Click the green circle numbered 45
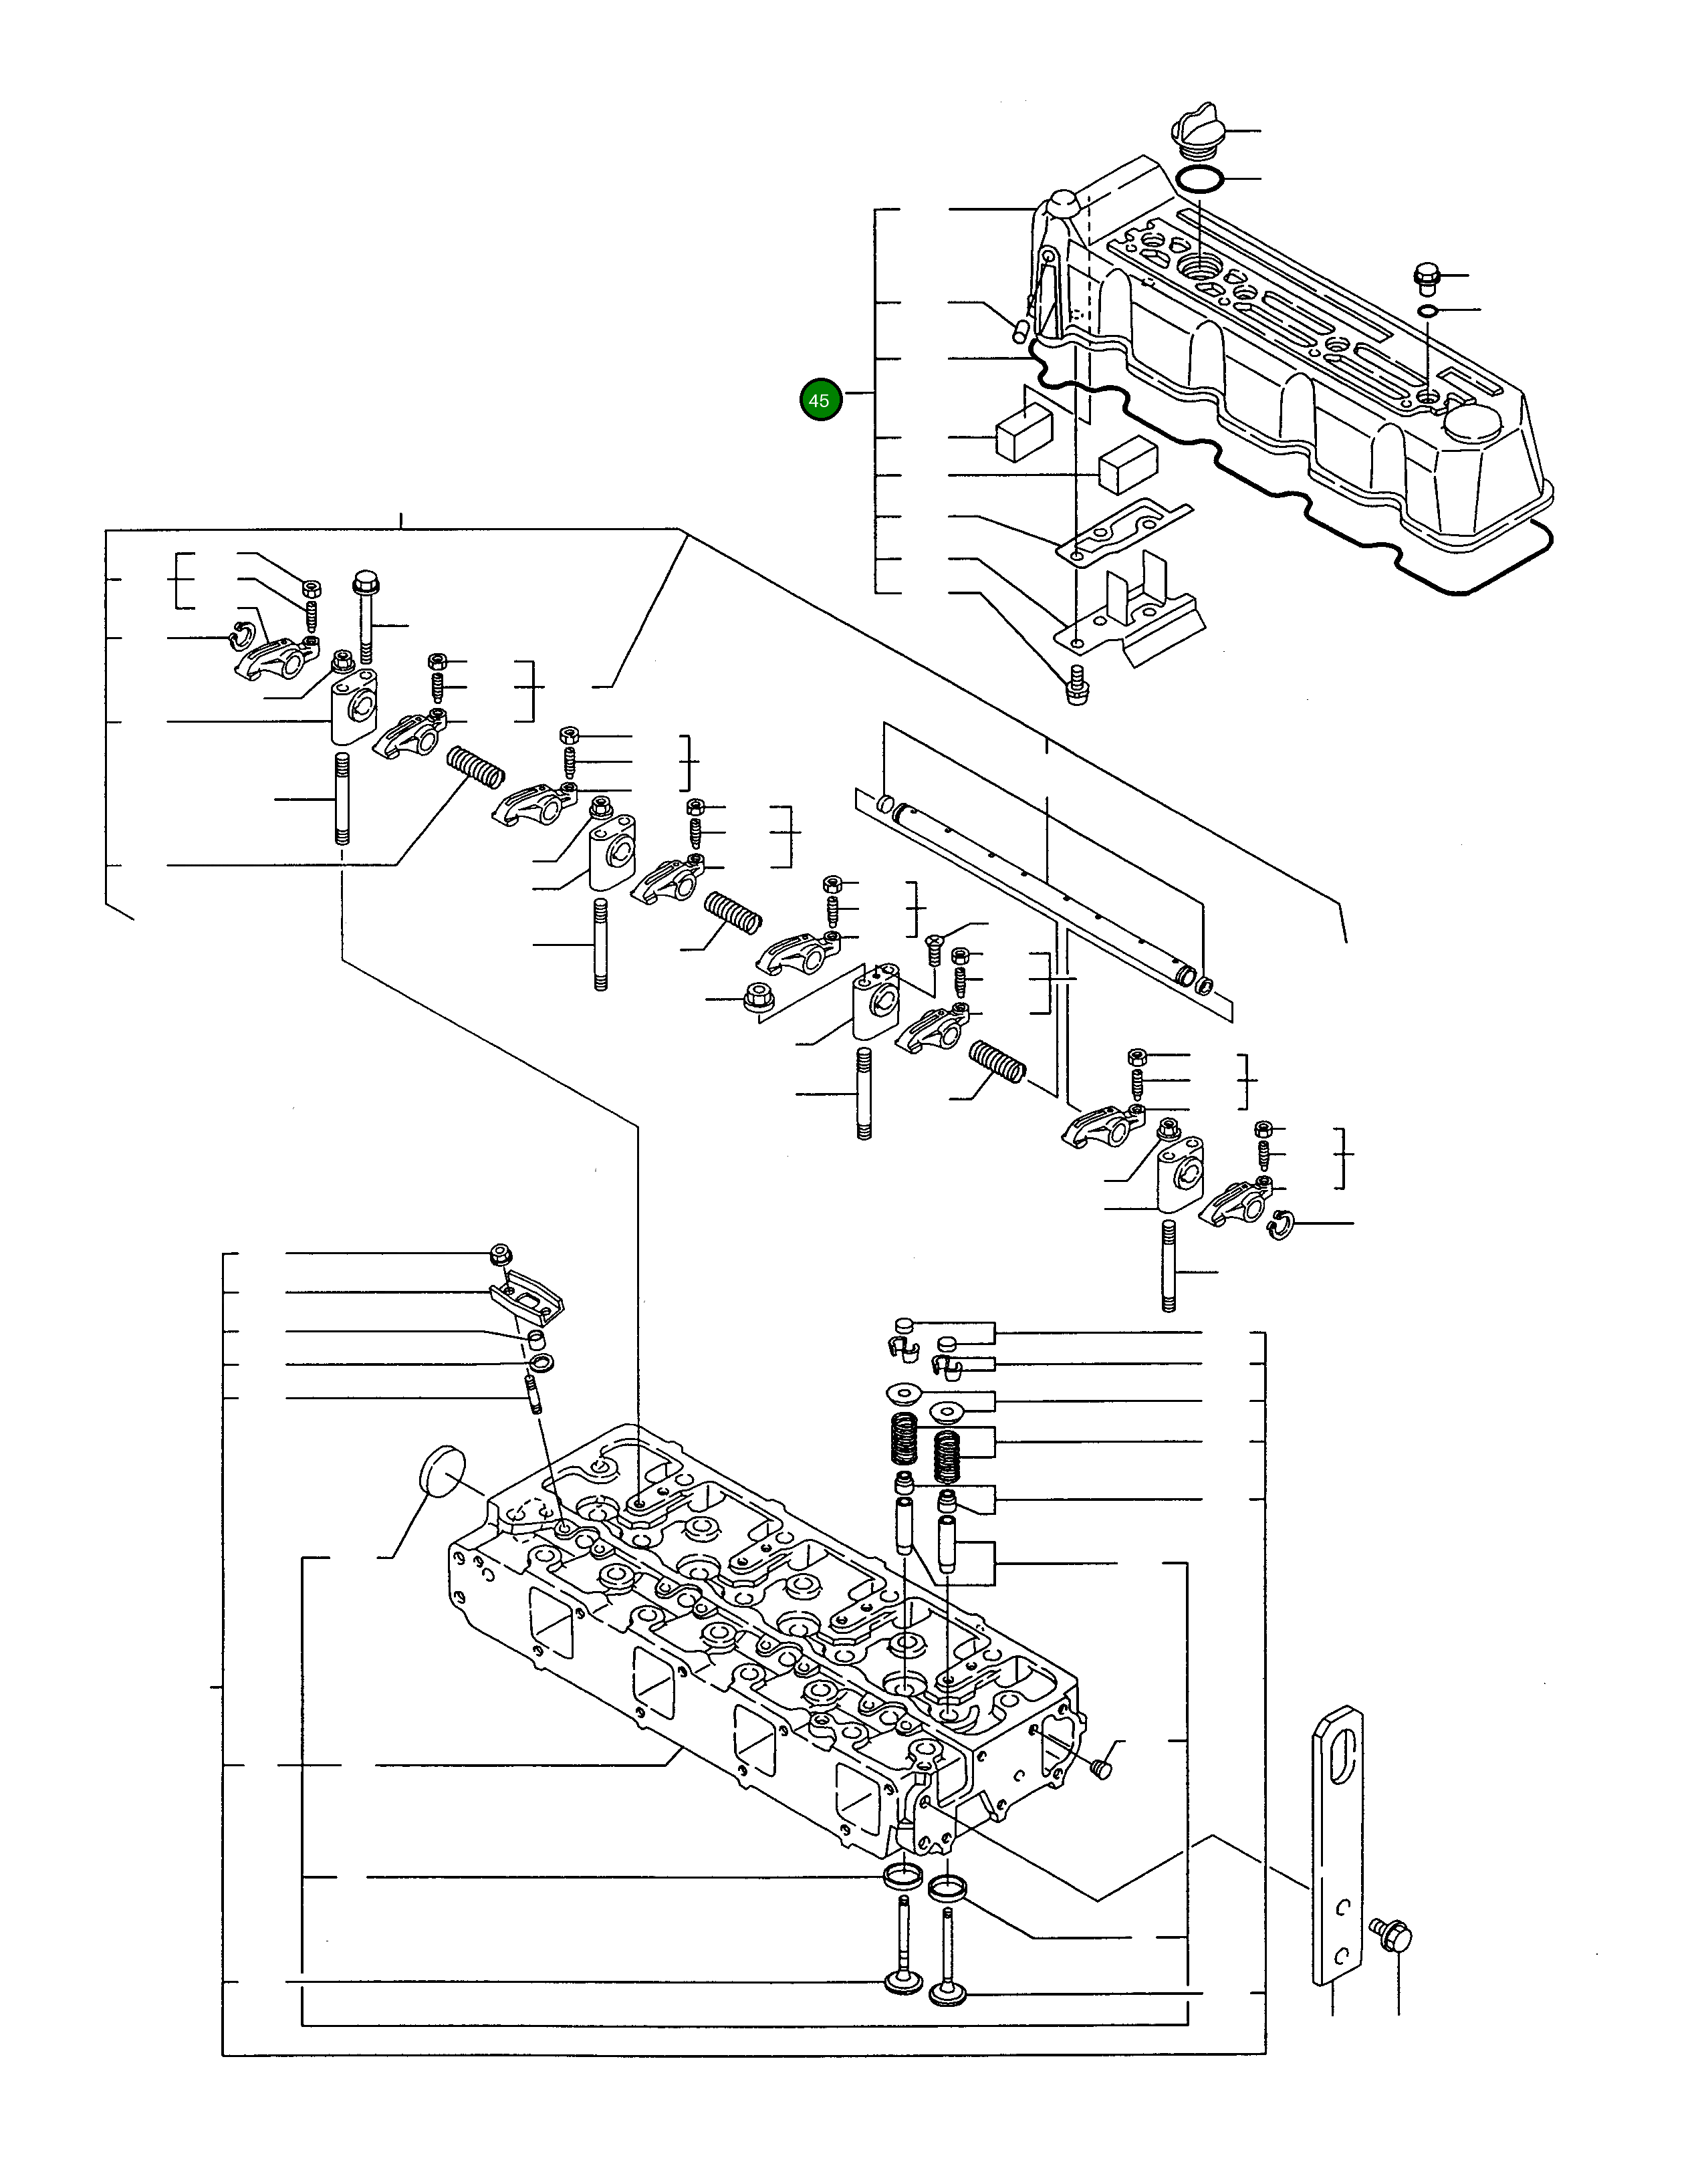(820, 400)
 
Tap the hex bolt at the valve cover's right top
(1425, 276)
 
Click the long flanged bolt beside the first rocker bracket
(365, 617)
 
